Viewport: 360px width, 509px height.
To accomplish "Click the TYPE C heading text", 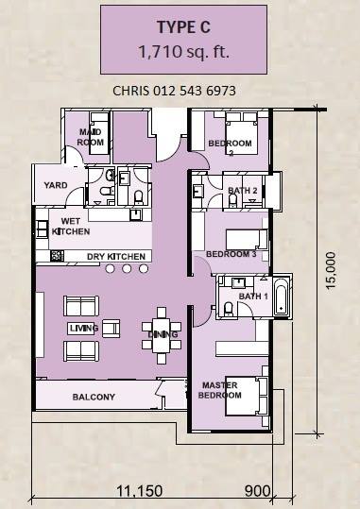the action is click(x=183, y=27).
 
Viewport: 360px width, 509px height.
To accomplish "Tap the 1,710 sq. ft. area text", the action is click(x=184, y=51).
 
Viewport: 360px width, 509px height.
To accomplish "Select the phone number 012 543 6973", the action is click(x=195, y=91).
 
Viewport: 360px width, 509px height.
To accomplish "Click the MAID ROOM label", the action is click(x=91, y=137).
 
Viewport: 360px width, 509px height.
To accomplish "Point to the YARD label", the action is click(x=56, y=185).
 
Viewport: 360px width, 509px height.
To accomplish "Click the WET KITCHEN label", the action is click(x=71, y=227).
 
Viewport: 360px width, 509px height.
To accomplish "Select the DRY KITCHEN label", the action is click(x=116, y=257).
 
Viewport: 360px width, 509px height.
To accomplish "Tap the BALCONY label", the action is click(x=94, y=397).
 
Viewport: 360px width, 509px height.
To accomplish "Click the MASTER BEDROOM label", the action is click(x=219, y=390).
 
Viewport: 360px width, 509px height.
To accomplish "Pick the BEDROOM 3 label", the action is click(x=231, y=254).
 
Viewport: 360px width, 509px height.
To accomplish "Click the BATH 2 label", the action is click(x=243, y=191).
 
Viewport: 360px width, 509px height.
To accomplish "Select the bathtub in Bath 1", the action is click(x=281, y=297).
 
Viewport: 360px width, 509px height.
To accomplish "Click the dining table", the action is click(x=162, y=335).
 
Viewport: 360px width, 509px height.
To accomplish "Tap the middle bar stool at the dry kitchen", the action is click(x=127, y=268).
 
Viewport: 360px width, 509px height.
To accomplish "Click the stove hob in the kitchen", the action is click(x=57, y=256).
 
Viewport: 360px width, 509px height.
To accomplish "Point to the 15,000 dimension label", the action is click(x=331, y=270).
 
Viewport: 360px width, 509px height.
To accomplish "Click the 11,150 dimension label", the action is click(x=140, y=491).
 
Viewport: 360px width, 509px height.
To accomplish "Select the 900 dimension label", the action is click(x=257, y=491).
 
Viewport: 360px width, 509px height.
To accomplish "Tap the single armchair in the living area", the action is click(x=111, y=329).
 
